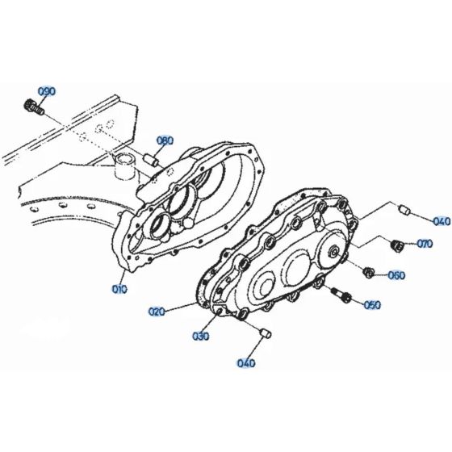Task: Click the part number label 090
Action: click(x=47, y=91)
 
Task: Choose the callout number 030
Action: click(x=201, y=336)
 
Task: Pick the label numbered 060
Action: click(x=396, y=274)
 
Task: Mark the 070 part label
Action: click(x=425, y=244)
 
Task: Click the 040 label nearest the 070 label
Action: click(x=442, y=220)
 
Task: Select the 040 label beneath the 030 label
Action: click(x=247, y=362)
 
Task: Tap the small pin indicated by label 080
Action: click(x=150, y=158)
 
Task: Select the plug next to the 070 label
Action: click(x=395, y=245)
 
